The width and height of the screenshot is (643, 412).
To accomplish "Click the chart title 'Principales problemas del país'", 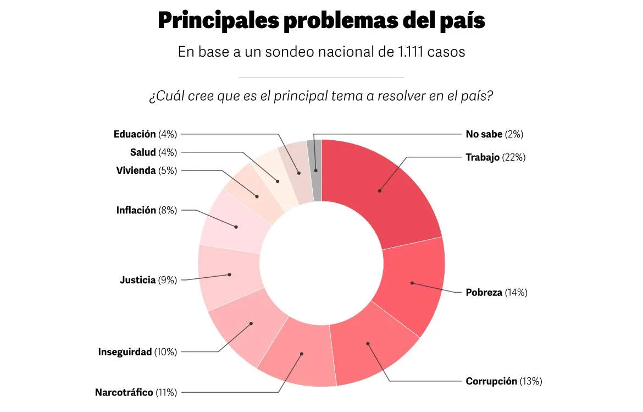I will (x=321, y=21).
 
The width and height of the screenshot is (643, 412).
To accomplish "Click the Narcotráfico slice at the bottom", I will (x=300, y=355).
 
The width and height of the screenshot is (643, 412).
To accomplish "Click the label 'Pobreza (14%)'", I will (x=496, y=293).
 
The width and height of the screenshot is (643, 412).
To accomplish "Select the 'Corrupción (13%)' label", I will (x=504, y=381).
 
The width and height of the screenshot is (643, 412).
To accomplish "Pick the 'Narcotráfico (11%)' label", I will (x=136, y=393).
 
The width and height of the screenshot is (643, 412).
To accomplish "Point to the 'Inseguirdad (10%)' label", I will (x=137, y=352).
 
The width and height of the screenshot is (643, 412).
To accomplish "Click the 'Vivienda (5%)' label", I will (x=146, y=171).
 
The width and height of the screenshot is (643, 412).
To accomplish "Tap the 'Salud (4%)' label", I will (x=153, y=152).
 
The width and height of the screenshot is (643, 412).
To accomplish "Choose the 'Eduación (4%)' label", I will (x=145, y=134).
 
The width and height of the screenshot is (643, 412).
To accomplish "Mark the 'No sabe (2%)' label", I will (x=494, y=134).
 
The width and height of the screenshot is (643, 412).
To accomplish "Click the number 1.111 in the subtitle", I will (x=410, y=52).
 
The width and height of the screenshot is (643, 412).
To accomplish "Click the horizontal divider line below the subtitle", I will (x=321, y=78).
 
